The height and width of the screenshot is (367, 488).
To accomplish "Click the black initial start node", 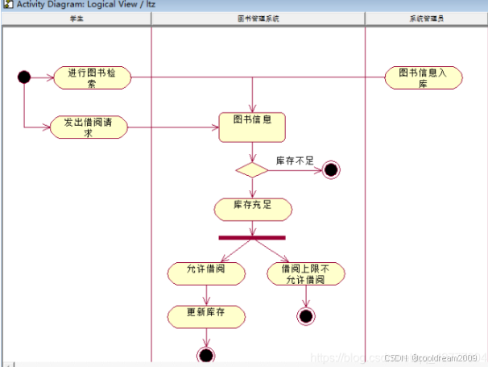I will (23, 77).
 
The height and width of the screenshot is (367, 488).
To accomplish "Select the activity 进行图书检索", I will (91, 77).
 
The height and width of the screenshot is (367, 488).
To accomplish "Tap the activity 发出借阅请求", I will (88, 127).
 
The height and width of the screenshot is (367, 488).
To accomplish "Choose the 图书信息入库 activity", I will (423, 77).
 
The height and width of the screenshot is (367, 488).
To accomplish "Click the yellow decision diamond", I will (251, 169).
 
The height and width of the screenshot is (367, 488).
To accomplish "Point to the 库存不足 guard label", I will (295, 161).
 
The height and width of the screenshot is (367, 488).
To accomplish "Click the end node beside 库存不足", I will (330, 169).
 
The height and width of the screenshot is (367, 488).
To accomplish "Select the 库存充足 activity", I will (252, 208).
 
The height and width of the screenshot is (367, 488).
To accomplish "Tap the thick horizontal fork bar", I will (252, 237).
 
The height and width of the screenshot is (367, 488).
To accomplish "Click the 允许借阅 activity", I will (207, 273).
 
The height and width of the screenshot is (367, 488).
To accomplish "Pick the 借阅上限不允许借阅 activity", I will (306, 273).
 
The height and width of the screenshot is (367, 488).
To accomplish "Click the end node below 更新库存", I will (206, 355).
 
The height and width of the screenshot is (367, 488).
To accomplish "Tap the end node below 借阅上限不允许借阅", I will (305, 315).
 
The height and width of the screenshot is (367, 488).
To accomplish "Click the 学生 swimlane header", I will (77, 18).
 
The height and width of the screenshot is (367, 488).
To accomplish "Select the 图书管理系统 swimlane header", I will (258, 18).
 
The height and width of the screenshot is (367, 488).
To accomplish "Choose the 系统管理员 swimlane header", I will (426, 18).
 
